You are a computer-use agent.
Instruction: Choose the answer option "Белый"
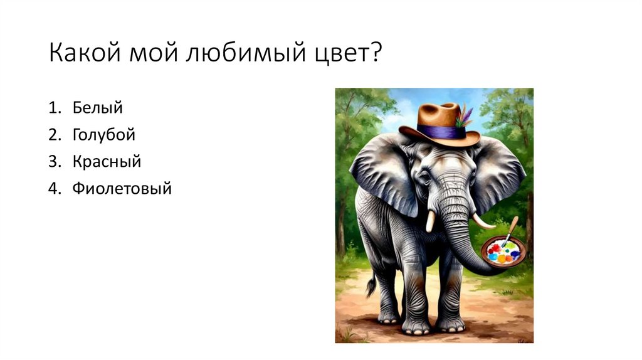pyautogui.click(x=97, y=107)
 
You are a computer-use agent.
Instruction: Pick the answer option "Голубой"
pyautogui.click(x=103, y=134)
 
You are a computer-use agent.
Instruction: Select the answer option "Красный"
pyautogui.click(x=106, y=161)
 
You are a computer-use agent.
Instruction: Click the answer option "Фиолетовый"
pyautogui.click(x=121, y=188)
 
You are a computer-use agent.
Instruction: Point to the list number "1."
pyautogui.click(x=55, y=107)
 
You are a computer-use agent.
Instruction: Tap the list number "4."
pyautogui.click(x=55, y=188)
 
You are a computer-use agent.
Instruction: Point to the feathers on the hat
pyautogui.click(x=465, y=117)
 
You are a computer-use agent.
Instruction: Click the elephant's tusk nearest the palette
pyautogui.click(x=482, y=221)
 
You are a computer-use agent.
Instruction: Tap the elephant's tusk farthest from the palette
pyautogui.click(x=431, y=221)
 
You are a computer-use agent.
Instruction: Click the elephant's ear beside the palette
pyautogui.click(x=498, y=172)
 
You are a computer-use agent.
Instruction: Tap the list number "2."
pyautogui.click(x=55, y=134)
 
